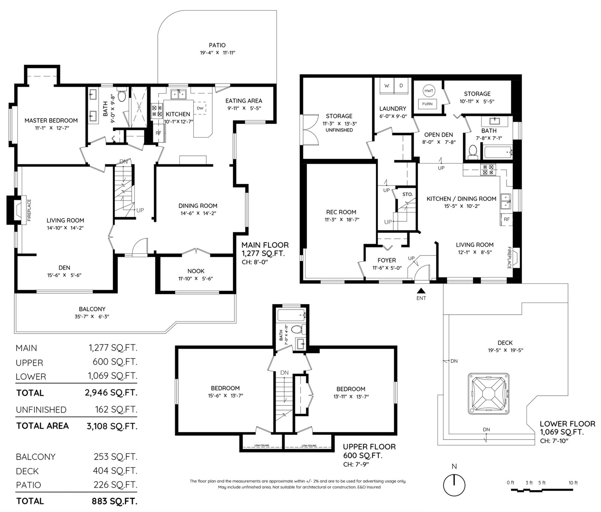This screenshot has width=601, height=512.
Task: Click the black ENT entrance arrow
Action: [x=421, y=290]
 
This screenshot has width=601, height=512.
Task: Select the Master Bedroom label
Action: [x=51, y=120]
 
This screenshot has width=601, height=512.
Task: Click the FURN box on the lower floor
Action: [x=427, y=104]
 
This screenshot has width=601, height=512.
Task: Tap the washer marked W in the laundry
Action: [x=387, y=86]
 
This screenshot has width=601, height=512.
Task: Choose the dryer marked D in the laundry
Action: [x=401, y=86]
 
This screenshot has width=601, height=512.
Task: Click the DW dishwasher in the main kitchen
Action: [x=200, y=108]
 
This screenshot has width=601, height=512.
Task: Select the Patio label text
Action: [x=217, y=45]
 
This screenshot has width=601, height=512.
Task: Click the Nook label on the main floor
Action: [x=196, y=271]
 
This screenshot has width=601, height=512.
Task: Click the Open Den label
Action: [x=438, y=135]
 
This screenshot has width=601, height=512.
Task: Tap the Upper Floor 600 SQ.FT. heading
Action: [x=369, y=451]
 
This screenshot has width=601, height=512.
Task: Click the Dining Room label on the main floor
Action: [x=198, y=206]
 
